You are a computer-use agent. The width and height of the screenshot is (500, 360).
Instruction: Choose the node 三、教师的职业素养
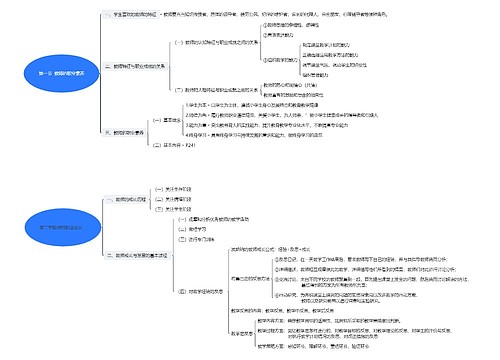click(125, 131)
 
